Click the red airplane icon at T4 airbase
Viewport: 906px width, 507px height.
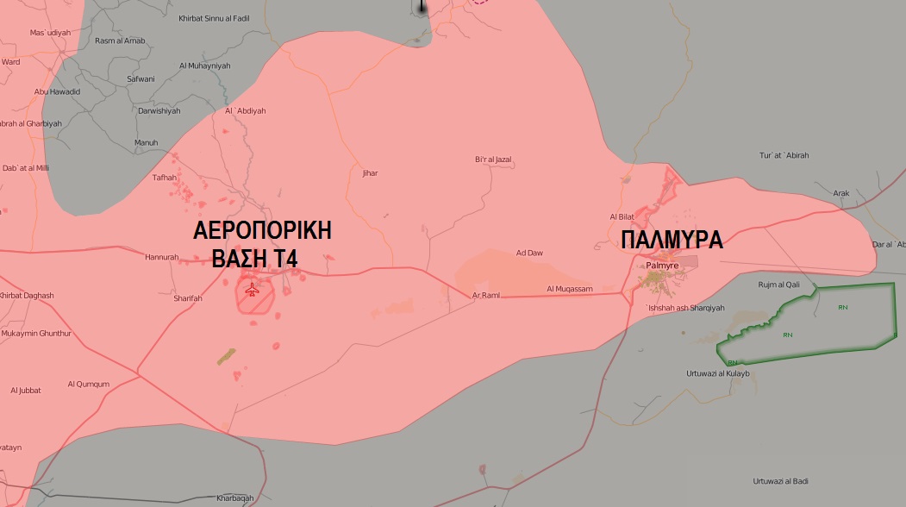coord(252,290)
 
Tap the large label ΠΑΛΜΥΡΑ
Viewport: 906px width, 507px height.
coord(672,241)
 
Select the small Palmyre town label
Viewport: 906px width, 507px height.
coord(662,266)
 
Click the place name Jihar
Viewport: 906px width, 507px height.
coord(370,173)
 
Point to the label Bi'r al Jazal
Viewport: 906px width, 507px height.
coord(493,160)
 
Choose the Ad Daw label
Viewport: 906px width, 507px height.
coord(529,253)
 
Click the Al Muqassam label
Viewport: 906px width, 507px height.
coord(570,289)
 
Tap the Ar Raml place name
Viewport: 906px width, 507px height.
coord(486,295)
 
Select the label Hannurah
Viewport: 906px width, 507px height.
coord(162,257)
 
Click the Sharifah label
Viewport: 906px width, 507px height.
coord(188,298)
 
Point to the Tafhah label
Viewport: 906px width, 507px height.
coord(164,178)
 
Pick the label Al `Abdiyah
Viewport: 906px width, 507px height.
coord(246,110)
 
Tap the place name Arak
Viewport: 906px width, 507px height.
coord(841,193)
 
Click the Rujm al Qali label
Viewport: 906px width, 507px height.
coord(778,284)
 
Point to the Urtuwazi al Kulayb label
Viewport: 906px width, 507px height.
coord(717,373)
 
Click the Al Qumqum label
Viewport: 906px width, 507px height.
coord(89,384)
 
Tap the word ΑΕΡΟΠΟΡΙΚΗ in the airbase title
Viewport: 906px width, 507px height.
coord(263,231)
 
